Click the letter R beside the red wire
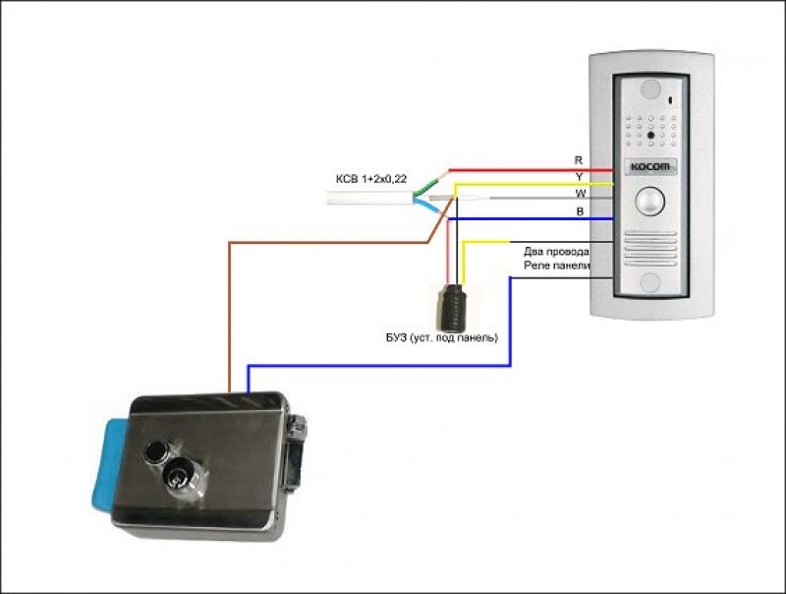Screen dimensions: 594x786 [x=578, y=158]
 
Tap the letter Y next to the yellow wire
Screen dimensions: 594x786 [x=578, y=175]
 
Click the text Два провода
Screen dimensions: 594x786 [x=556, y=252]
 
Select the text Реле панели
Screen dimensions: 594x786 [x=557, y=267]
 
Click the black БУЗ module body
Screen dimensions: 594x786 [x=453, y=307]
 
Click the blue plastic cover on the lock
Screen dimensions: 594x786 [x=110, y=465]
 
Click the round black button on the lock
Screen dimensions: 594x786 [x=154, y=454]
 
